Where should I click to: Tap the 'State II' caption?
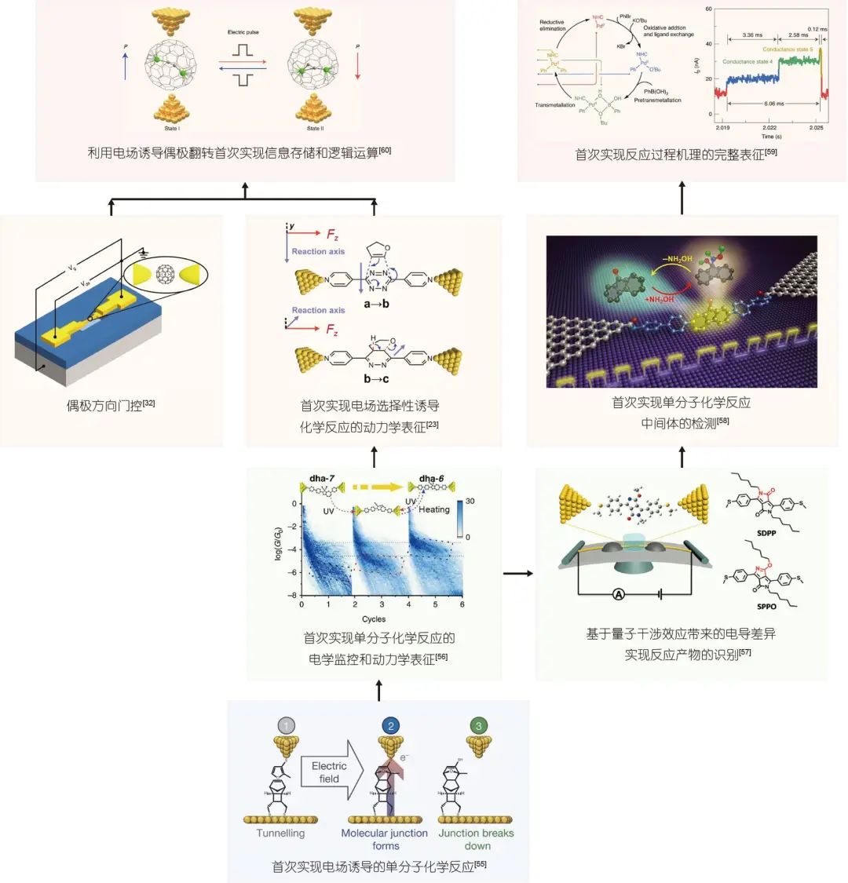[x=313, y=129]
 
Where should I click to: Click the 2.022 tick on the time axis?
[x=769, y=128]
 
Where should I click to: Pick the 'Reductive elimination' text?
[x=551, y=26]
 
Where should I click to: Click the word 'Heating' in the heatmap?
[x=434, y=509]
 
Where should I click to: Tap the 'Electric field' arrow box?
[x=329, y=772]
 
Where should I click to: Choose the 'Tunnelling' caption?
[x=280, y=833]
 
